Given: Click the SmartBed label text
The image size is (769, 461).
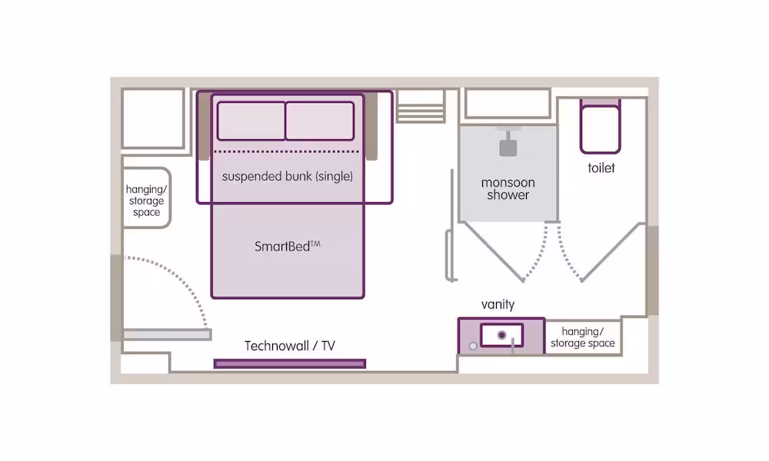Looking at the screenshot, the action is (x=288, y=246).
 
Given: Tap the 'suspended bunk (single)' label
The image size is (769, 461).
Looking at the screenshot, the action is (x=288, y=177).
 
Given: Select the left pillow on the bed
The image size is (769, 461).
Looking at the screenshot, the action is (x=251, y=121).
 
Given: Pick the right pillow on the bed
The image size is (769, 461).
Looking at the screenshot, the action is (x=320, y=121).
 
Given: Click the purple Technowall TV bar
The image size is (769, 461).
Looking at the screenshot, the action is (x=290, y=363).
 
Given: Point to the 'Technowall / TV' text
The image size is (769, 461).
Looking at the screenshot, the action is (x=290, y=346).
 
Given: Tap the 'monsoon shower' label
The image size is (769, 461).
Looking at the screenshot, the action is (x=508, y=188).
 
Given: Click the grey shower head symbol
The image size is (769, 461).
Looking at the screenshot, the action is (x=508, y=145).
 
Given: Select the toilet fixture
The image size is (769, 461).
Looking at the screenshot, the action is (x=601, y=127).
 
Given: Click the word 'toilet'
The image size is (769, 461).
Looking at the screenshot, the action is (x=601, y=168).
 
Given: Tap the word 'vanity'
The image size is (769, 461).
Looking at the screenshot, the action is (x=498, y=304).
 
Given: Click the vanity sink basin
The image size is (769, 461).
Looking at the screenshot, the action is (x=501, y=336).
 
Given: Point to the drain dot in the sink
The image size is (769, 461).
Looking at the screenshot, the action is (x=501, y=335).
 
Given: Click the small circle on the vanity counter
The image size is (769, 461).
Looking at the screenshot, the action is (x=473, y=347).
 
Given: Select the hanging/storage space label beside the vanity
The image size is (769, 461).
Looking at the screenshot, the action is (x=583, y=337).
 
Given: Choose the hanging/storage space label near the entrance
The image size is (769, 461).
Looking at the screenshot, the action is (x=146, y=201).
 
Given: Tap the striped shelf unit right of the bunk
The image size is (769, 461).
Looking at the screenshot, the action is (x=421, y=106).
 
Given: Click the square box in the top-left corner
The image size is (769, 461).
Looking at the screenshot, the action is (x=154, y=118).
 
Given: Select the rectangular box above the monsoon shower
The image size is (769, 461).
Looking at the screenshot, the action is (x=508, y=104).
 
